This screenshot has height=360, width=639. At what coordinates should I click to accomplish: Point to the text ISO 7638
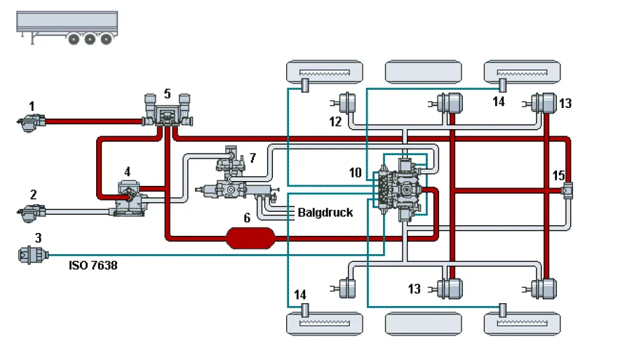click(93, 266)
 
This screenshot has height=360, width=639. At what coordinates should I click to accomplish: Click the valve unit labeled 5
click(166, 112)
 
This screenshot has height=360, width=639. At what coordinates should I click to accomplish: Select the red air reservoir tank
click(250, 238)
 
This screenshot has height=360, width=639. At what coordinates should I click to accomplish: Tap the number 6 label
click(247, 218)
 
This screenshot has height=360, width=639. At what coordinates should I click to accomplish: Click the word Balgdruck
click(325, 212)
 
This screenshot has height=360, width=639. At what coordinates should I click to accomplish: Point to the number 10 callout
click(356, 173)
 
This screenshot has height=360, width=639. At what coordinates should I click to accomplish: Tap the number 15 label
click(559, 174)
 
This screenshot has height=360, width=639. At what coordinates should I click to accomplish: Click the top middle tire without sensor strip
click(424, 71)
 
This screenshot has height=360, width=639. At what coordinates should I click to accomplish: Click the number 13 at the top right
click(565, 104)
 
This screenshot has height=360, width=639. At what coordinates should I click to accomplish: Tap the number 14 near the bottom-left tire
click(300, 295)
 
